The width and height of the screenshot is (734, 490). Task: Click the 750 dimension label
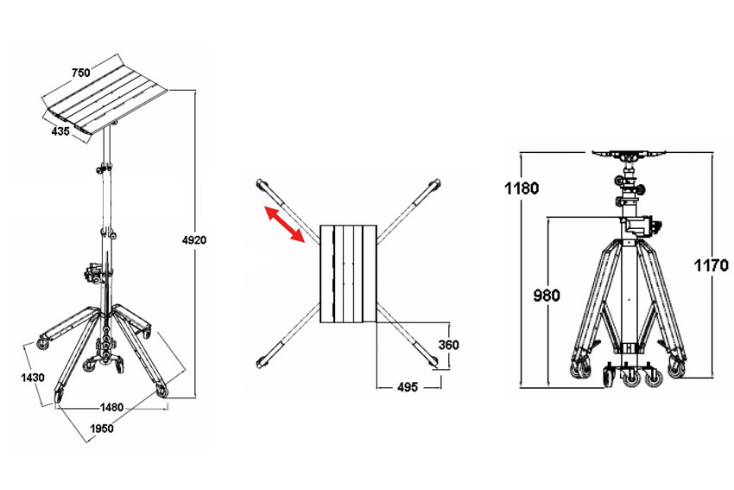pyautogui.click(x=80, y=73)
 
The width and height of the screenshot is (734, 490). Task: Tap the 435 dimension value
pyautogui.click(x=60, y=131)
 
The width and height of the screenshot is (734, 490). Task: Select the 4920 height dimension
pyautogui.click(x=194, y=240)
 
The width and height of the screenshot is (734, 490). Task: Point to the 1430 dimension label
pyautogui.click(x=33, y=378)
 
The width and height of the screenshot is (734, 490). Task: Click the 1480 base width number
pyautogui.click(x=111, y=408)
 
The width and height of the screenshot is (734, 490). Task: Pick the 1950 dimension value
pyautogui.click(x=102, y=429)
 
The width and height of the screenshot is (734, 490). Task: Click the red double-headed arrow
pyautogui.click(x=285, y=224)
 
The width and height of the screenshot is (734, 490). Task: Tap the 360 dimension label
pyautogui.click(x=448, y=346)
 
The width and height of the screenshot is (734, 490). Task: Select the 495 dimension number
pyautogui.click(x=408, y=387)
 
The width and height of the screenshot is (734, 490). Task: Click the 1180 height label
pyautogui.click(x=522, y=188)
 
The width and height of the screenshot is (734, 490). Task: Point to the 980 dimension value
pyautogui.click(x=547, y=296)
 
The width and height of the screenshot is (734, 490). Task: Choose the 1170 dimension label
pyautogui.click(x=711, y=265)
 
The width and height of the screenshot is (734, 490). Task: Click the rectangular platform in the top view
pyautogui.click(x=348, y=274)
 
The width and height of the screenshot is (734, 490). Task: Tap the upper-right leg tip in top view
pyautogui.click(x=436, y=182)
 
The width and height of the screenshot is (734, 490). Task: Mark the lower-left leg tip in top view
pyautogui.click(x=260, y=362)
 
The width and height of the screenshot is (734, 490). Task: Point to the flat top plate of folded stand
pyautogui.click(x=629, y=153)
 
